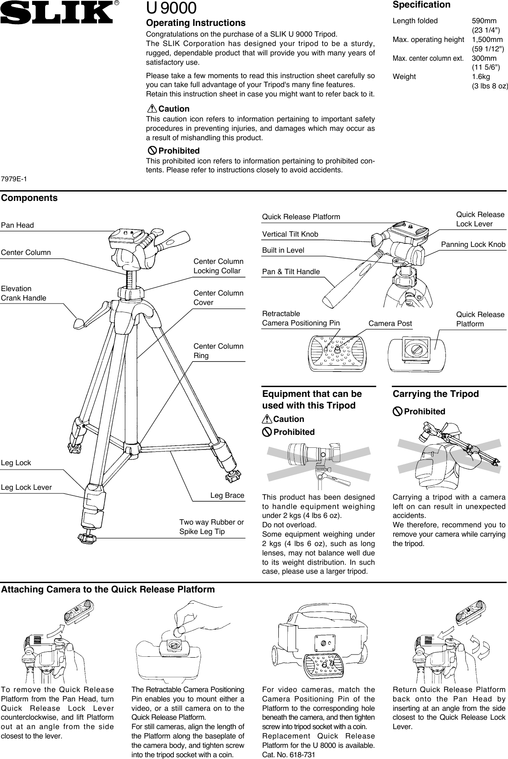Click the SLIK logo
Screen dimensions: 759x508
57,13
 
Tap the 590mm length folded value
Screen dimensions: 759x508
484,21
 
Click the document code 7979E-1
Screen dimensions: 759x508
14,179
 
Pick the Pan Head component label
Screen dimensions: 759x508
17,225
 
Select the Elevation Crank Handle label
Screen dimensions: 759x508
23,293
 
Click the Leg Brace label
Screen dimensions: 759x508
227,495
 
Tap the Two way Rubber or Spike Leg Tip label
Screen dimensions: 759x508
211,527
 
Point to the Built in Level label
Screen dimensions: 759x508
283,250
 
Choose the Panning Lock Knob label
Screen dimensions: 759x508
473,244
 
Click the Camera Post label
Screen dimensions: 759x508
390,323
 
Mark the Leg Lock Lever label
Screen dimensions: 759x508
26,487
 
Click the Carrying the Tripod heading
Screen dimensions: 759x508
435,394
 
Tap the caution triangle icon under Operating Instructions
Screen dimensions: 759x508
152,108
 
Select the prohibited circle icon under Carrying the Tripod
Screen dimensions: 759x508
398,411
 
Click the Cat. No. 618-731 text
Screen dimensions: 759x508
288,755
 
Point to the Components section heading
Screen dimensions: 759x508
29,198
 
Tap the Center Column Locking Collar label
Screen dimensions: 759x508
218,266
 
